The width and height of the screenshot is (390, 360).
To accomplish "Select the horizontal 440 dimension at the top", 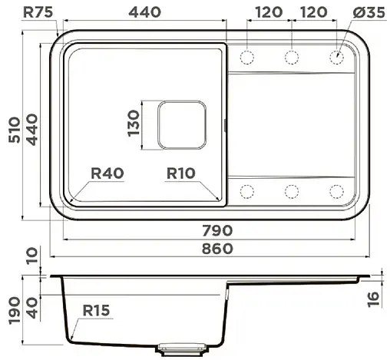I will pyautogui.click(x=144, y=12).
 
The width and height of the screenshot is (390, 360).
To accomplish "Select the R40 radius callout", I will pyautogui.click(x=107, y=173).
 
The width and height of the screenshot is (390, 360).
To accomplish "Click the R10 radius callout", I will pyautogui.click(x=182, y=173).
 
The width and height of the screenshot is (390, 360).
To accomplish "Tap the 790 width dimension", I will pyautogui.click(x=217, y=231).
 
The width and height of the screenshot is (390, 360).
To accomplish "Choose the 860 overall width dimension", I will pyautogui.click(x=217, y=249).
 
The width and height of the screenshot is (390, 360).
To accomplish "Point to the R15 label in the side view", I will pyautogui.click(x=97, y=311).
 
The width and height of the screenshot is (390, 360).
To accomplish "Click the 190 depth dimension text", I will pyautogui.click(x=12, y=311).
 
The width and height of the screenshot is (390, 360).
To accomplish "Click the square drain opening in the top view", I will pyautogui.click(x=181, y=124).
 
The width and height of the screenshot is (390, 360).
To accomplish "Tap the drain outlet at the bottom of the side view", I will pyautogui.click(x=181, y=348).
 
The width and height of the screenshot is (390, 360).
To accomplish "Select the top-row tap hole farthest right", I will pyautogui.click(x=336, y=57).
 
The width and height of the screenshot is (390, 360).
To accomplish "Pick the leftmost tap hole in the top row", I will pyautogui.click(x=248, y=57).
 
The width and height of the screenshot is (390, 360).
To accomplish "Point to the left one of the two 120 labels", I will pyautogui.click(x=268, y=12).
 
